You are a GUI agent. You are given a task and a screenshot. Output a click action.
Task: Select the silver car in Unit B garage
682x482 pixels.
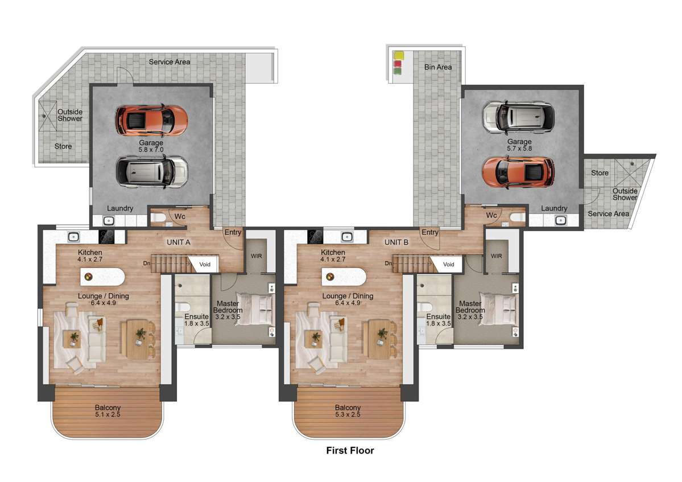(x=517, y=116)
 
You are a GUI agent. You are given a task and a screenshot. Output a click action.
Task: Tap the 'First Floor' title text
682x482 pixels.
(x=350, y=451)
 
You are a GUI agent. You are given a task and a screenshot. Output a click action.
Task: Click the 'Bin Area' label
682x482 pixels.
(x=438, y=67)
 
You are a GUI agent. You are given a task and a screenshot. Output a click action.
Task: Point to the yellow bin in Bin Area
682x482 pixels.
(x=398, y=55)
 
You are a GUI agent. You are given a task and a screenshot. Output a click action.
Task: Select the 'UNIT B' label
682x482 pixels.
(x=396, y=242)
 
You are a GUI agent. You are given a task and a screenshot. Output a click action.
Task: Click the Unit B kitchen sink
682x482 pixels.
(x=346, y=237)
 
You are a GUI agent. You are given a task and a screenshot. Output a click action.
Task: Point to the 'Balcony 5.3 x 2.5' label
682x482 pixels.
(x=348, y=411)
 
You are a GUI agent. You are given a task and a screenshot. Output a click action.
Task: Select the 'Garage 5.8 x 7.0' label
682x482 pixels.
(x=151, y=146)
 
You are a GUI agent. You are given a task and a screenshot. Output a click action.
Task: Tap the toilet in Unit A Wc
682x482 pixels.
(x=160, y=217)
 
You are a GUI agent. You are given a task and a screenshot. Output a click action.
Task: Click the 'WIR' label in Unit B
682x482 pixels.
(x=496, y=256)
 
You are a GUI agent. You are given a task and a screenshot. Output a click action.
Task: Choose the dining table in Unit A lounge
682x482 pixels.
(x=138, y=339)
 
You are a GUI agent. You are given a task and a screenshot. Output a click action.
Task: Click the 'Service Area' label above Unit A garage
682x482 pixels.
(x=170, y=61)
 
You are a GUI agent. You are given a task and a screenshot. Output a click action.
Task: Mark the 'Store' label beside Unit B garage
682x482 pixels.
(x=600, y=173)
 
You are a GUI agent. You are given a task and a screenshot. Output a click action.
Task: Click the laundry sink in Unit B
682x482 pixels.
(x=560, y=220)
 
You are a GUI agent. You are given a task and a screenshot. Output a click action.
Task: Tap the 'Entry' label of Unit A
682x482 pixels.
(x=233, y=232)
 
